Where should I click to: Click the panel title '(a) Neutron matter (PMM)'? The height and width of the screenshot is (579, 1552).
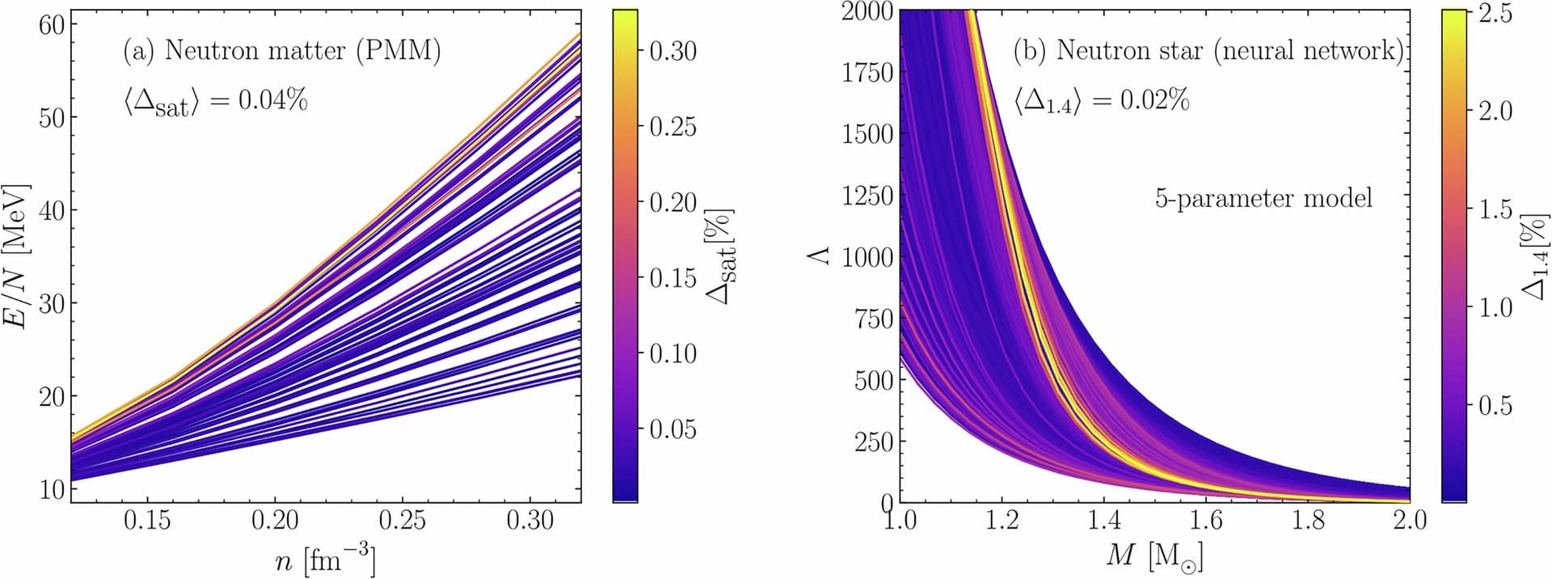click(x=282, y=51)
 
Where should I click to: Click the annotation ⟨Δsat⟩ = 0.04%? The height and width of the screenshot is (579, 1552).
click(x=215, y=102)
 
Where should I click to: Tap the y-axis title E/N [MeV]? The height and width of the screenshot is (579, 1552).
click(x=17, y=256)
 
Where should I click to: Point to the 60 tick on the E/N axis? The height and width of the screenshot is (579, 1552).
click(x=51, y=24)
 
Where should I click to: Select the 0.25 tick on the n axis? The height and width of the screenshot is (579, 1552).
click(x=402, y=520)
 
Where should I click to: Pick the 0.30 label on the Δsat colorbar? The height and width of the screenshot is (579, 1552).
click(x=673, y=51)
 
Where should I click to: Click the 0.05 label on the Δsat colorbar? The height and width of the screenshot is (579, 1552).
click(x=673, y=429)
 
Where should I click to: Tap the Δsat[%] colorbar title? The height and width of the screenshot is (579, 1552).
click(x=721, y=256)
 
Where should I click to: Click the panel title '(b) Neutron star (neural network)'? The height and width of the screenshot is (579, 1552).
click(x=1208, y=51)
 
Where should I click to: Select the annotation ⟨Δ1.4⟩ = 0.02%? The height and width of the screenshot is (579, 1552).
click(x=1101, y=102)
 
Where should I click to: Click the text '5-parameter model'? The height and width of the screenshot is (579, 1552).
click(x=1263, y=198)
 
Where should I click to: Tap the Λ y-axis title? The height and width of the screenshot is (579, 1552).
click(x=820, y=256)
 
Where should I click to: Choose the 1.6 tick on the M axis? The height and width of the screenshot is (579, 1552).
click(x=1206, y=520)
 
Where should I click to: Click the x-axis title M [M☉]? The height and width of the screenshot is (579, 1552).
click(x=1153, y=557)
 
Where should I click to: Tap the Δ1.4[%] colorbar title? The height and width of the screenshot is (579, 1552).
click(x=1534, y=256)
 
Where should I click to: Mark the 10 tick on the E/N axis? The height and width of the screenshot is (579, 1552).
click(x=51, y=489)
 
